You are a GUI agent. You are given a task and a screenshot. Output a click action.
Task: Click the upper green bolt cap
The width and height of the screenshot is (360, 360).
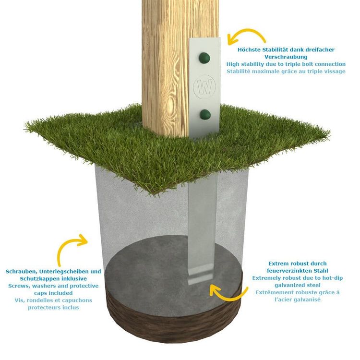[x=204, y=58]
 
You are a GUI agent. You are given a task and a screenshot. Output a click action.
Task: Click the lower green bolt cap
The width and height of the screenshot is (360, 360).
[x=205, y=114]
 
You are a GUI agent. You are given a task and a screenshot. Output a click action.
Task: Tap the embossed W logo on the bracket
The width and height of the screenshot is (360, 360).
[x=204, y=87]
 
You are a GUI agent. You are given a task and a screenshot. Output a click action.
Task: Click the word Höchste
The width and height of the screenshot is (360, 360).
[x=249, y=49]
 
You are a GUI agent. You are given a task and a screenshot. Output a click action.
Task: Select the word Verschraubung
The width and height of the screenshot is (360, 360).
[x=286, y=57]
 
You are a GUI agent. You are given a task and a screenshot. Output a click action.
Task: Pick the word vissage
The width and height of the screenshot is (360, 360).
[x=334, y=72]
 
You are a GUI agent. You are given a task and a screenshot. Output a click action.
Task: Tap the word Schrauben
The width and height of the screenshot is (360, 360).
[x=21, y=272]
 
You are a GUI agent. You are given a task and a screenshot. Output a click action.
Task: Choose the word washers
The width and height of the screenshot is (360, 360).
[x=44, y=286]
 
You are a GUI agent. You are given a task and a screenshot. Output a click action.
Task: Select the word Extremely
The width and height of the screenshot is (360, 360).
[x=265, y=278]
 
